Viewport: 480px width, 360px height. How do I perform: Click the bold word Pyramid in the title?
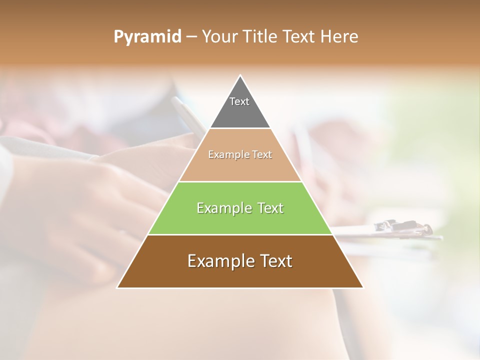pos(147,37)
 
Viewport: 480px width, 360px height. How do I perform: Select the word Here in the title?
pos(339,36)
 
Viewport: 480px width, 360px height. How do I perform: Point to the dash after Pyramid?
pos(191,37)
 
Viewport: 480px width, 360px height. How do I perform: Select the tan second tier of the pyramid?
pos(240,167)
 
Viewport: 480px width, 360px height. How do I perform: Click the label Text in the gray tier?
pos(239,101)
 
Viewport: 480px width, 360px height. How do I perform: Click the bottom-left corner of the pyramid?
pos(118,287)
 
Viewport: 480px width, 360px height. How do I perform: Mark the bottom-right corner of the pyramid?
pos(362,287)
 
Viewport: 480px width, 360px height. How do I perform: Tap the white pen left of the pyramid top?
pos(186,115)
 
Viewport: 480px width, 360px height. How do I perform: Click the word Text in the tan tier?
pos(262,154)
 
